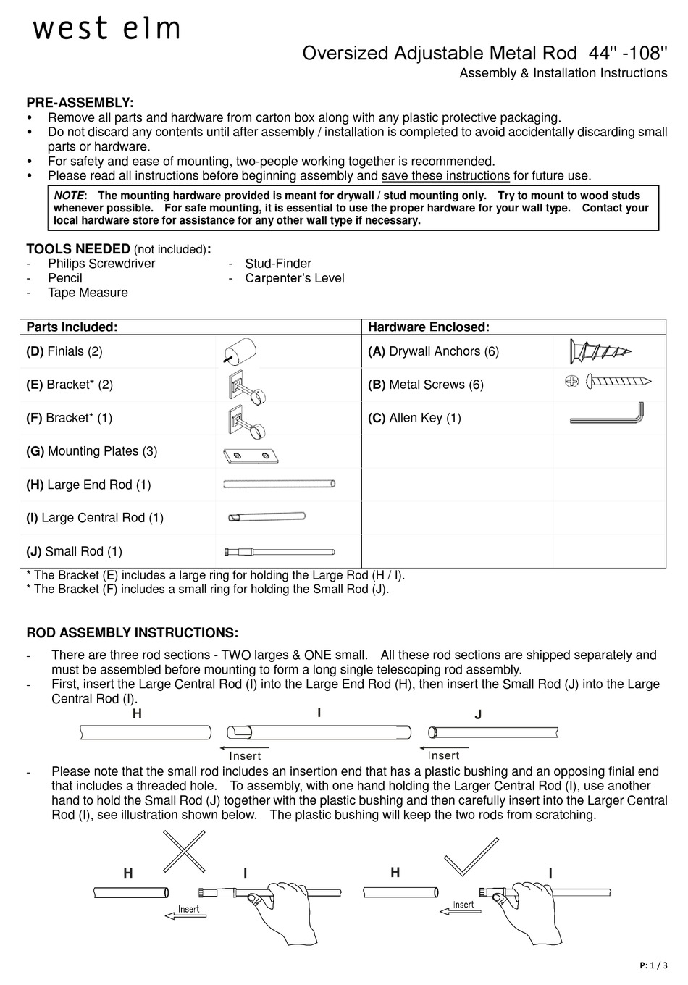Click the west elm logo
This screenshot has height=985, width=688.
106,28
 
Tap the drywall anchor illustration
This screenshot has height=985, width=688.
600,352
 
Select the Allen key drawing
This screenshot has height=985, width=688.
607,416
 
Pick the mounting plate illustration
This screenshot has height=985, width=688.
251,456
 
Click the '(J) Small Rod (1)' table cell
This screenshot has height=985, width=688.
75,551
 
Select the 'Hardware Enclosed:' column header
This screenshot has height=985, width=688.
429,327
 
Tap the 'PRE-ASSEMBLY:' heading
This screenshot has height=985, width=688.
80,103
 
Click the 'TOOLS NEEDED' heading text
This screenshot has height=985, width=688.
78,249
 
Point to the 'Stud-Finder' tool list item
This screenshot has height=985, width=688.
278,264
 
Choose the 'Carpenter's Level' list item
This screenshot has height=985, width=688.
294,278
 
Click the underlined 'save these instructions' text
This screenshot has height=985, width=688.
445,176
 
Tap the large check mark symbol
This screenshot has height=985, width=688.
471,856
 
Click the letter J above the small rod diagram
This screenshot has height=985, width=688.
478,715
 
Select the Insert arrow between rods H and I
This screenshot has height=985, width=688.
244,752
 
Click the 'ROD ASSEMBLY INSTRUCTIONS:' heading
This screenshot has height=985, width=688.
132,633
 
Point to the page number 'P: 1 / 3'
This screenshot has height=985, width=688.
654,965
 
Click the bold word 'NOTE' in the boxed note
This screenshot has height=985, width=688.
70,196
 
